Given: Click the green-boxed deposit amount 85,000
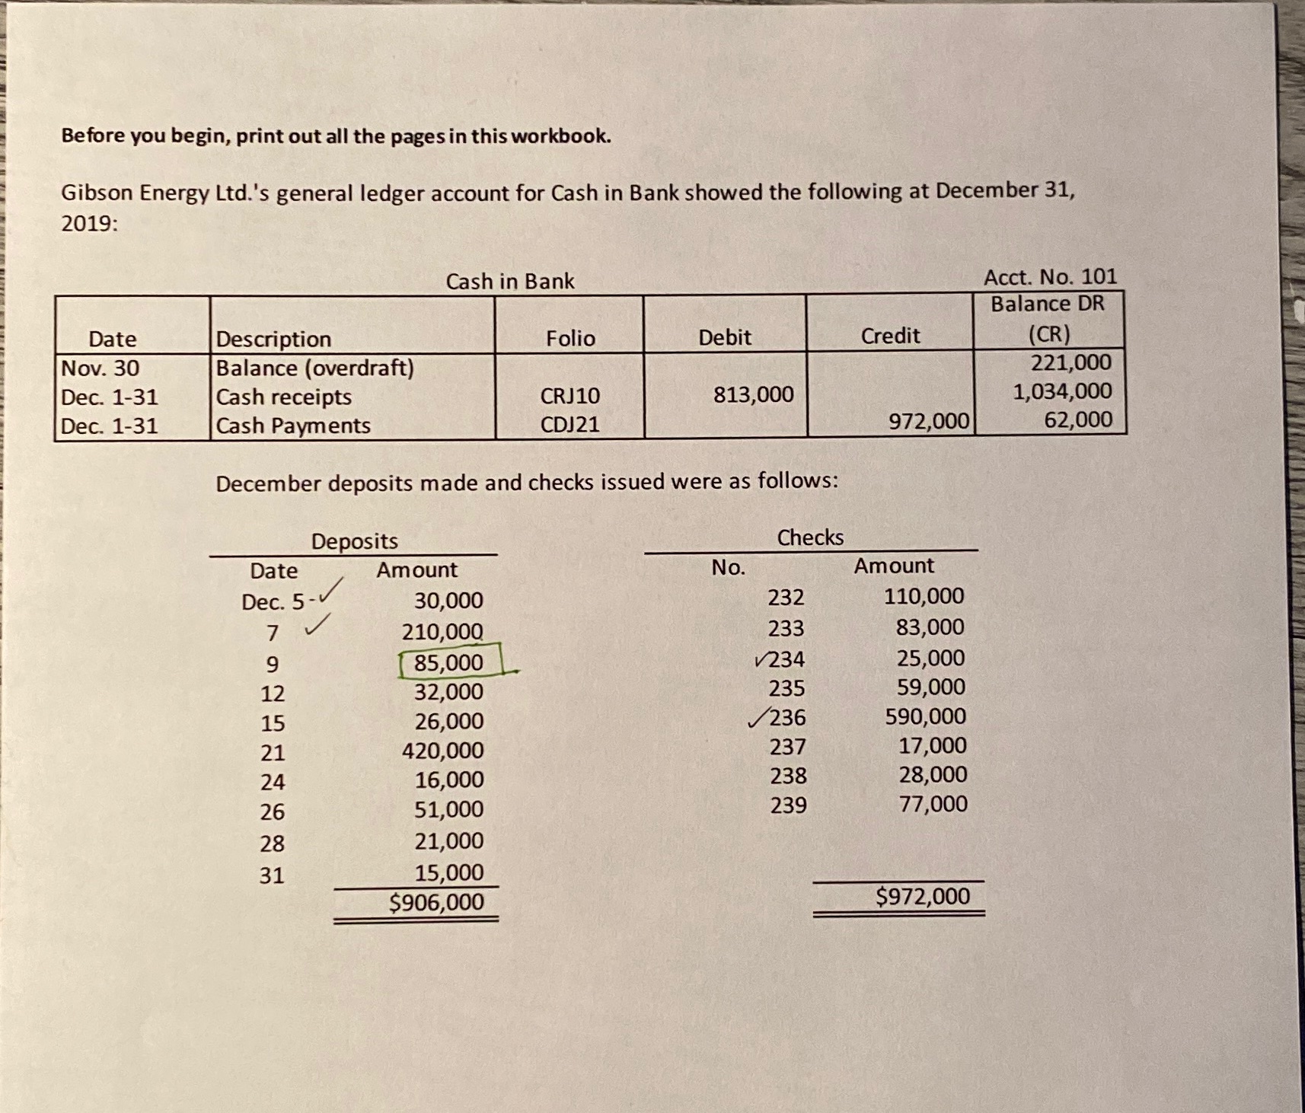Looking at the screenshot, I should [448, 662].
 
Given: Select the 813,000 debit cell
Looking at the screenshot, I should [753, 394].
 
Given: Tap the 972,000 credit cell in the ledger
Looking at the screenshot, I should [929, 420].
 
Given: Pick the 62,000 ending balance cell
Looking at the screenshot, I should [1077, 419].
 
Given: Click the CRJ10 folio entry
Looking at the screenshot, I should [570, 396].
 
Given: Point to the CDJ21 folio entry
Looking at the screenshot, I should [570, 424].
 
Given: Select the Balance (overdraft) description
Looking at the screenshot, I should [315, 368].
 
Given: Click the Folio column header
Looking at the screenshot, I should [570, 338].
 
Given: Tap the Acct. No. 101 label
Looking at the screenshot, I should [1050, 276].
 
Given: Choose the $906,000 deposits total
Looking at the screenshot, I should [436, 902].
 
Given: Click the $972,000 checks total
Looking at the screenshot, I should [923, 896].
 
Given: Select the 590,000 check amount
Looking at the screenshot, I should [925, 716].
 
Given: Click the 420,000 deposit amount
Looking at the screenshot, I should [442, 751].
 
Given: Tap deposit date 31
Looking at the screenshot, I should [272, 875].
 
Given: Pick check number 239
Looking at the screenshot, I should [788, 805].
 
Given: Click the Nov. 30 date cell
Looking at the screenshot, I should [101, 368].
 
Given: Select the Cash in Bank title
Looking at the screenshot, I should [509, 282].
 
